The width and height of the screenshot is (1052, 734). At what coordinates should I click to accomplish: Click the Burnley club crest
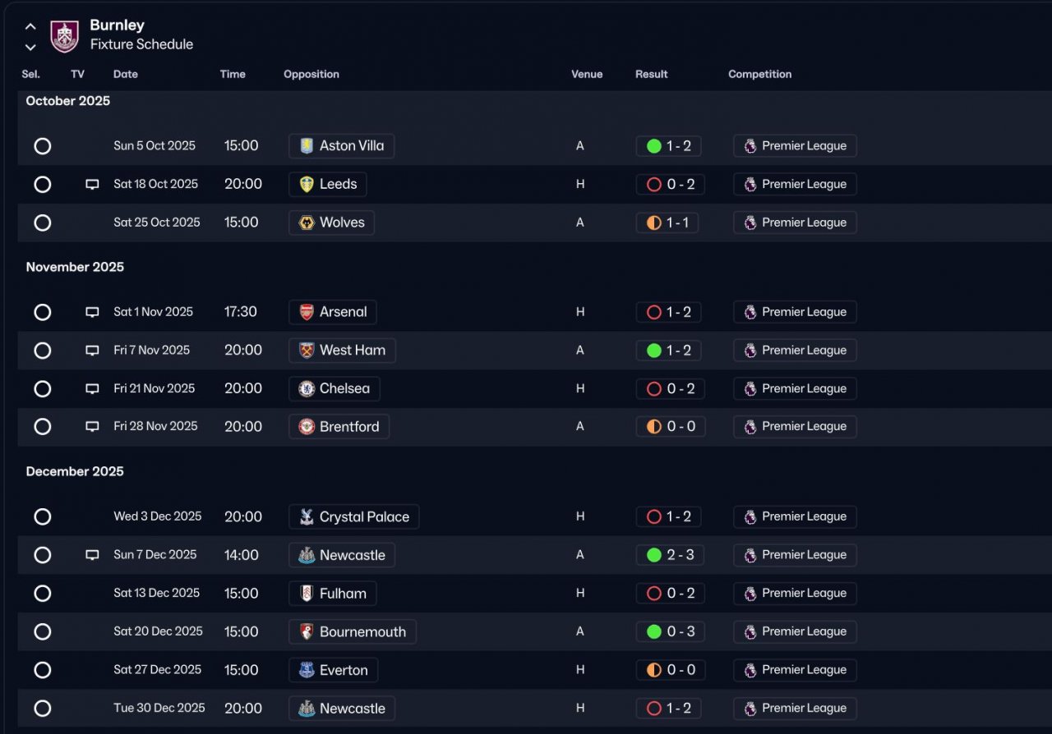[65, 36]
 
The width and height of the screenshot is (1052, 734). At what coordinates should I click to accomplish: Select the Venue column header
[587, 74]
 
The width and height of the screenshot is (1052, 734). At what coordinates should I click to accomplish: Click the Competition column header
[759, 74]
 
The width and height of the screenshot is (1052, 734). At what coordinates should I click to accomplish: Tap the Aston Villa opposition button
[341, 146]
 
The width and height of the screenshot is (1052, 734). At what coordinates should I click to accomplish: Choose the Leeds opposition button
[328, 185]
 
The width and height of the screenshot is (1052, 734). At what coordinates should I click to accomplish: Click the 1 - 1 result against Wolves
[667, 222]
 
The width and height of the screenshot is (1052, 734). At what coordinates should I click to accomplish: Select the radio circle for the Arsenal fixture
[43, 312]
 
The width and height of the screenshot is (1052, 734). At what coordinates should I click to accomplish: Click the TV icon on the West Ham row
[92, 351]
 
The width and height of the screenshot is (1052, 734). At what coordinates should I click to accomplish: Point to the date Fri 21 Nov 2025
[155, 388]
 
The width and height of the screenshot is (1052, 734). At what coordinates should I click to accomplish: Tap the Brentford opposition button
[339, 427]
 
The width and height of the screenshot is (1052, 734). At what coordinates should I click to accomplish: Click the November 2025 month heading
[75, 267]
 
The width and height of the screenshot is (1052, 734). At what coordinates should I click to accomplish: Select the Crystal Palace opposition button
[353, 517]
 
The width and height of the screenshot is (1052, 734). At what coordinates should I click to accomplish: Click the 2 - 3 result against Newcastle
[670, 555]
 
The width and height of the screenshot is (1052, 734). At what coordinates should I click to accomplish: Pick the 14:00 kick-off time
[242, 555]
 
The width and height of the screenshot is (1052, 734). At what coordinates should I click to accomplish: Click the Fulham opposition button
[332, 594]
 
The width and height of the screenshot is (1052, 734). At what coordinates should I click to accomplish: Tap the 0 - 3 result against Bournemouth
[670, 632]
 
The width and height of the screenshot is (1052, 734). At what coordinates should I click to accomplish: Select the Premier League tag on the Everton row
[795, 670]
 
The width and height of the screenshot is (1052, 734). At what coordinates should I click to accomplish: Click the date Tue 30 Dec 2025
[159, 708]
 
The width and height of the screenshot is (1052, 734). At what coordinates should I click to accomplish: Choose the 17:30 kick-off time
[241, 312]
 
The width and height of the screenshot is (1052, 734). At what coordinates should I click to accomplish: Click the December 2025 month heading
[75, 471]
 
